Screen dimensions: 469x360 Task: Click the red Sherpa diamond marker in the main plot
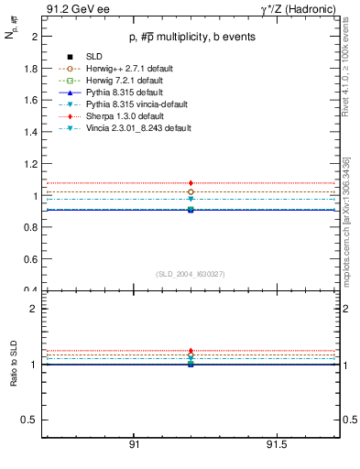coord(191,184)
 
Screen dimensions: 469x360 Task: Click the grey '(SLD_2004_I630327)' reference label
coord(191,274)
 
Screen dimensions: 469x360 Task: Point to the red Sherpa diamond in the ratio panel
coord(191,351)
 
